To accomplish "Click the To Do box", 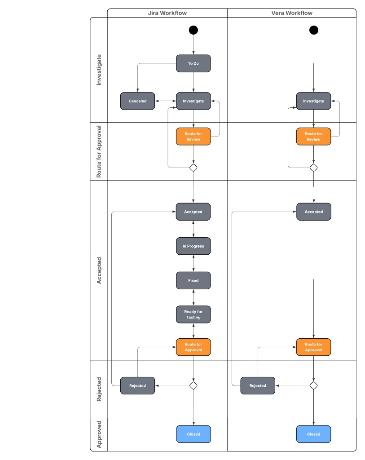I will (x=193, y=63).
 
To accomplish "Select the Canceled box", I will (x=137, y=101).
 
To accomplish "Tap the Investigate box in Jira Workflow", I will (x=193, y=101).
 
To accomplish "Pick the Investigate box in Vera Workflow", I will (x=313, y=101).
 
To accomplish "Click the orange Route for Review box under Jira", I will (x=193, y=136).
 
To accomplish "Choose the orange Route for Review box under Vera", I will (x=313, y=136).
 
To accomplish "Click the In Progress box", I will (x=193, y=246).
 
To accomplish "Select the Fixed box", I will (x=193, y=280).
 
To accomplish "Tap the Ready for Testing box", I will (x=193, y=314).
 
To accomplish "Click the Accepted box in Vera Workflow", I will (x=313, y=212).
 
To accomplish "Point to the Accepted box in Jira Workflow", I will (x=193, y=212).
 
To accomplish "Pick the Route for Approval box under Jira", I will (x=193, y=347).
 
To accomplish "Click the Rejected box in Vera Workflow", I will (x=258, y=385).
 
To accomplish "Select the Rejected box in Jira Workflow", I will (x=137, y=385).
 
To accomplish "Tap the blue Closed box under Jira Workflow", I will (x=193, y=434).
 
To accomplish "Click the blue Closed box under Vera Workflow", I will (x=313, y=434).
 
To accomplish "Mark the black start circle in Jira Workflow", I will (x=193, y=30).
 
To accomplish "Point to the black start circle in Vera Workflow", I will (x=314, y=30).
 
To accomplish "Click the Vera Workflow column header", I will (x=292, y=13).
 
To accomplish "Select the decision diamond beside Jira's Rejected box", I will (x=193, y=385).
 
